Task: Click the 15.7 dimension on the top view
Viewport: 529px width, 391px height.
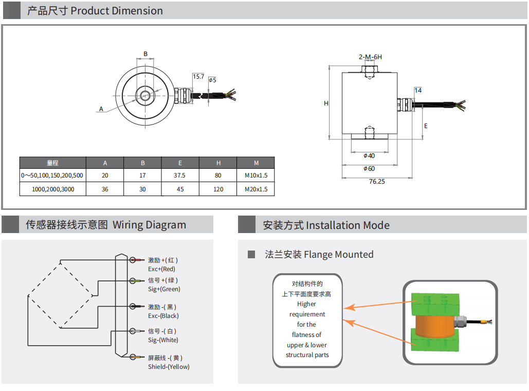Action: [198, 77]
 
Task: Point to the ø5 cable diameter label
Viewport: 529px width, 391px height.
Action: [212, 80]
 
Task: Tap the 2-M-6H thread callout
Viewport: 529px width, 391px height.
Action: [370, 57]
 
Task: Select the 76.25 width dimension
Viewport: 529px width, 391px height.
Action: [377, 182]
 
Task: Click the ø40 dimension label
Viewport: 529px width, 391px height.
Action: [369, 156]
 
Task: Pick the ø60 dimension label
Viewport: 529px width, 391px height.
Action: [369, 169]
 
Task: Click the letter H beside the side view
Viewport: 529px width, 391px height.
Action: [326, 103]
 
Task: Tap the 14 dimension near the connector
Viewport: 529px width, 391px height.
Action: [418, 91]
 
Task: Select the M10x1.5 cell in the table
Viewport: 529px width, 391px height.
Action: [256, 175]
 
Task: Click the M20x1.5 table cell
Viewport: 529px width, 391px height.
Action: [256, 189]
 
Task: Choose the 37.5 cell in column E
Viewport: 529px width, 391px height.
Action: [180, 175]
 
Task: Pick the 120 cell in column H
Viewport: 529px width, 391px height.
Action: [218, 189]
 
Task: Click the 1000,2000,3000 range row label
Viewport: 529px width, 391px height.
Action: [53, 189]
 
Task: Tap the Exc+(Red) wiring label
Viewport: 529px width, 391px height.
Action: [161, 269]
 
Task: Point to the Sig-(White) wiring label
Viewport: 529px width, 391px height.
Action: [163, 340]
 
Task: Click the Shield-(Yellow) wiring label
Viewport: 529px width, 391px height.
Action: [169, 367]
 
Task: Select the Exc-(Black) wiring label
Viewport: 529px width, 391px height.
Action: [163, 316]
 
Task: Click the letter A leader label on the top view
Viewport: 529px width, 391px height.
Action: [101, 109]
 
